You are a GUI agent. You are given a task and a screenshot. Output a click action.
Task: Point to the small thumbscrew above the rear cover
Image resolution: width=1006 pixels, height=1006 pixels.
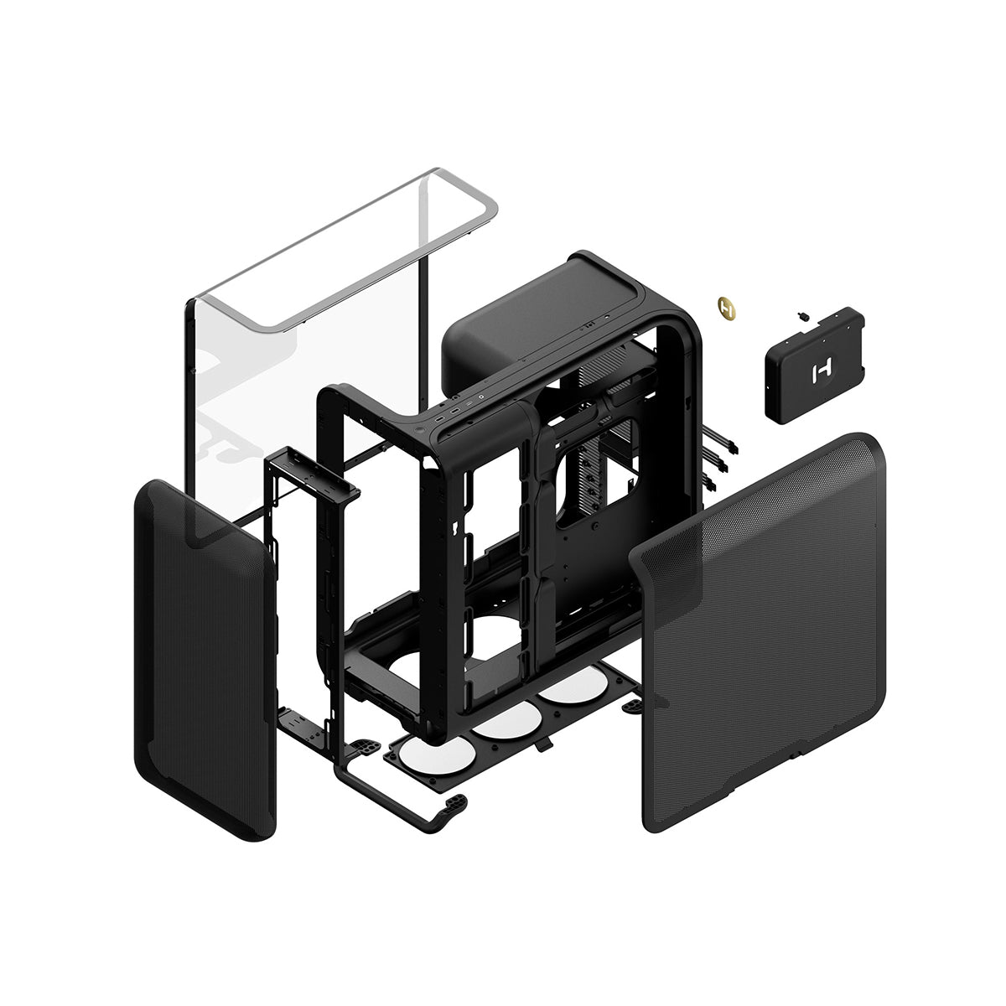click(802, 317)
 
